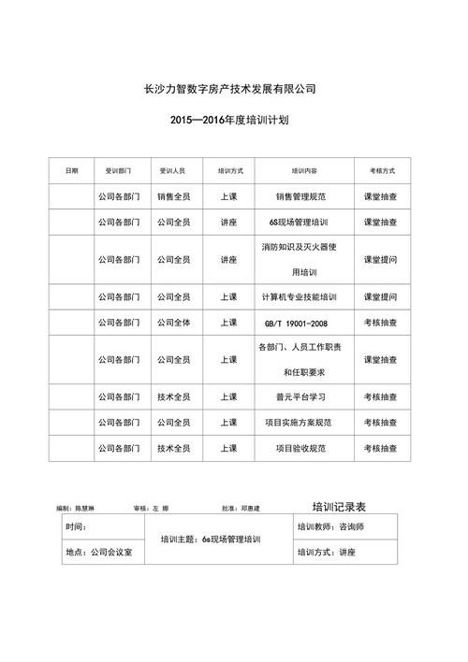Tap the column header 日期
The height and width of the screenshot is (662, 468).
click(x=72, y=171)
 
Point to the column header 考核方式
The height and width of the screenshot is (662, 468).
click(x=381, y=171)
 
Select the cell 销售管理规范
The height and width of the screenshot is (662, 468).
click(x=300, y=197)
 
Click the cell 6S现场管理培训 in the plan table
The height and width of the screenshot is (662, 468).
click(x=300, y=223)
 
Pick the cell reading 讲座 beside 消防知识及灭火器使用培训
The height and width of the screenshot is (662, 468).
click(x=228, y=259)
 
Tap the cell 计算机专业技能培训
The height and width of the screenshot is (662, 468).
click(x=300, y=296)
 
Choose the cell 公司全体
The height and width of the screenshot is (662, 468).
click(x=173, y=322)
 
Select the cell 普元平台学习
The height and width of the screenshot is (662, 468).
click(x=300, y=396)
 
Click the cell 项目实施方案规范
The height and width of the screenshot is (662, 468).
click(x=300, y=422)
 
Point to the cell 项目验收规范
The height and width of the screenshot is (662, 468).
click(x=300, y=448)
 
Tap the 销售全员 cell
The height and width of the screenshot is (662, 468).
click(x=173, y=197)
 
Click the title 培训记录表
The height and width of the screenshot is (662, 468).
click(x=338, y=506)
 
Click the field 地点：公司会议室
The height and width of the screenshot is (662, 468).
click(x=99, y=553)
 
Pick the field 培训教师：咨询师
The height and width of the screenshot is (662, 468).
click(x=330, y=527)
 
